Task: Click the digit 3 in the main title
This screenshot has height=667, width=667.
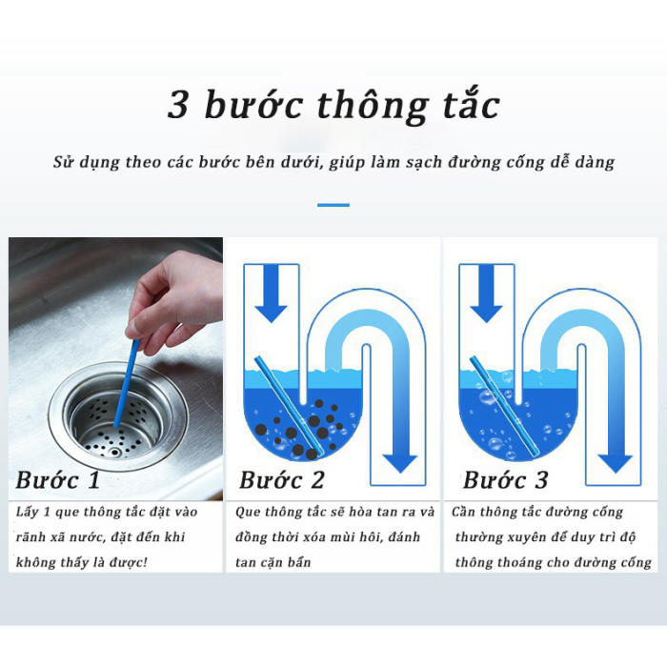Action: coord(179,105)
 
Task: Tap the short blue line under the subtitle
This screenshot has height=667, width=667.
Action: coord(333,204)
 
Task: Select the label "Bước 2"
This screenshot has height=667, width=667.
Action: coord(282,479)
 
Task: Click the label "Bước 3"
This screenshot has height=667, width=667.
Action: coord(506,479)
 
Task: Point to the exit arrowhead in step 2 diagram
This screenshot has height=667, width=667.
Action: coord(401,462)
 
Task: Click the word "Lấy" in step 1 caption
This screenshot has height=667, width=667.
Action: coord(28,513)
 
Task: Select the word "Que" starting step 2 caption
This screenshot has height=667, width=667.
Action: coord(251,513)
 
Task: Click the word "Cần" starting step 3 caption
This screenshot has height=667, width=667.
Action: coord(469,513)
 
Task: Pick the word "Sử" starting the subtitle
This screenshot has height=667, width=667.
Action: coord(63,161)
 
